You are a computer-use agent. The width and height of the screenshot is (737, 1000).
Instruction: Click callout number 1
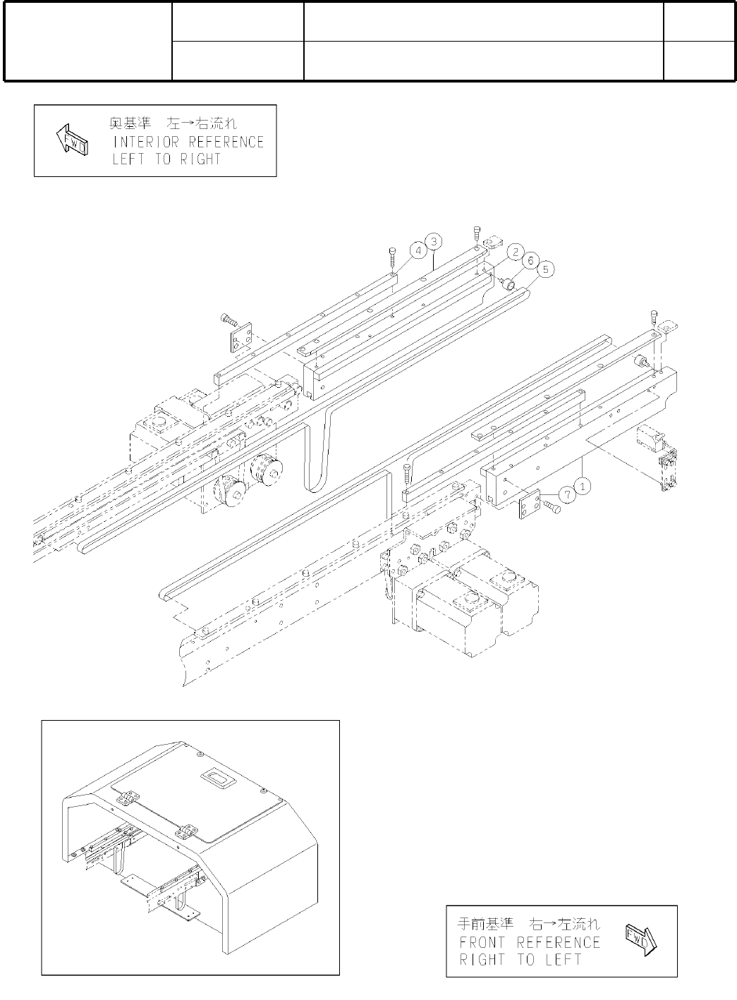[x=582, y=484]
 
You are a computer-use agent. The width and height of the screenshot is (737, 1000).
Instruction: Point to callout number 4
[x=418, y=250]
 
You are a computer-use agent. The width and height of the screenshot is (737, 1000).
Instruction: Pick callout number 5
[x=544, y=269]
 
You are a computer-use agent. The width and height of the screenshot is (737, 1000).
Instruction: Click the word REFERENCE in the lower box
[x=559, y=942]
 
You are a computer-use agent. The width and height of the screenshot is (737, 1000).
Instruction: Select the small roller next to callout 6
[x=507, y=283]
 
